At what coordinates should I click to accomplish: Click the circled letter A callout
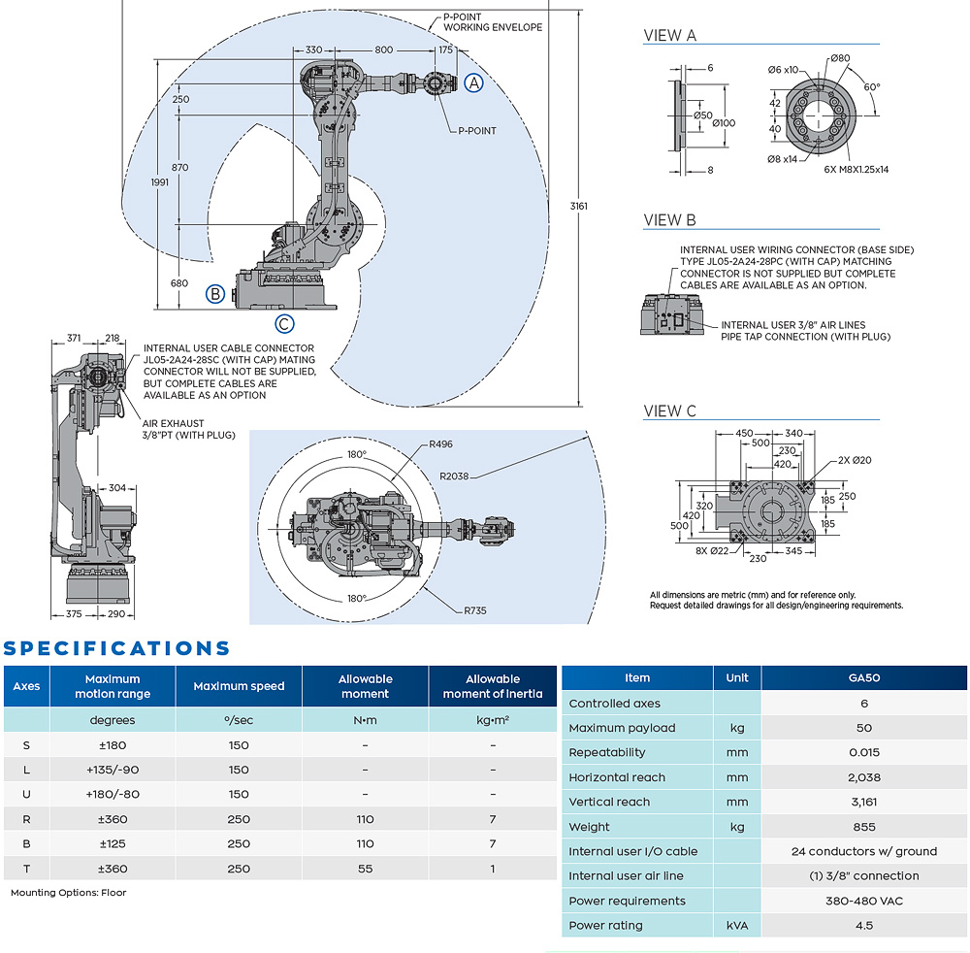click(473, 82)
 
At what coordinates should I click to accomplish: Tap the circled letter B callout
click(215, 293)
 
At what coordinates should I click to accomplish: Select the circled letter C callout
click(283, 324)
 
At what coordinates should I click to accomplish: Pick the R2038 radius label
click(454, 476)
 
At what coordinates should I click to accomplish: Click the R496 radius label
click(440, 444)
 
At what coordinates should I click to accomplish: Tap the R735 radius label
click(475, 610)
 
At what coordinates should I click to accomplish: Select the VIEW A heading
click(670, 35)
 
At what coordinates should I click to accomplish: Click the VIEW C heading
click(670, 411)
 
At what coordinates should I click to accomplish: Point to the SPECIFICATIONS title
click(116, 648)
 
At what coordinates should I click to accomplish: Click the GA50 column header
click(863, 678)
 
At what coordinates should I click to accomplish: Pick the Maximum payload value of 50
click(863, 728)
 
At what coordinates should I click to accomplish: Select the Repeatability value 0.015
click(863, 752)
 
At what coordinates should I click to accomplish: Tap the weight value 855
click(863, 827)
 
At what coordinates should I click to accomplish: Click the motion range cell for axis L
click(113, 770)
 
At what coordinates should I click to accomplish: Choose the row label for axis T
click(26, 869)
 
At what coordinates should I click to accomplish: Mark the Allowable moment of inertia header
click(493, 686)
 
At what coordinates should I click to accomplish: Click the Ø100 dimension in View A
click(724, 122)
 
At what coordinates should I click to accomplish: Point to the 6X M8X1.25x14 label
click(856, 169)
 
